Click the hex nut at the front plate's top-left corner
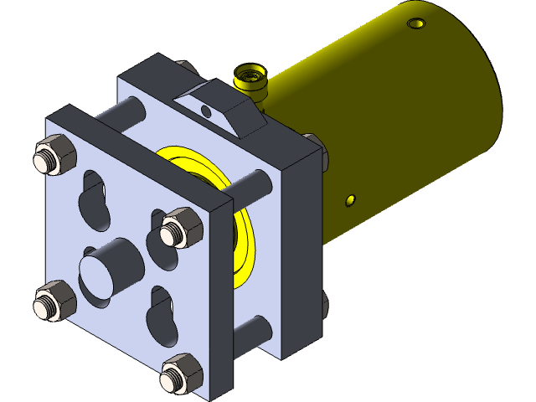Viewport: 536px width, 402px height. coord(54,157)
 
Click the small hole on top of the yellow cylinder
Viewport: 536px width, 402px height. coord(416,23)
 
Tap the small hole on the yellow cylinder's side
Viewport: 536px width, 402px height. coord(350,200)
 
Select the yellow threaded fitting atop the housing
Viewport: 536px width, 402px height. coord(250,80)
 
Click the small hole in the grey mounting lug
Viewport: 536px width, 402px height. coord(207,111)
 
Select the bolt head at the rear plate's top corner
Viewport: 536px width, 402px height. coord(186,66)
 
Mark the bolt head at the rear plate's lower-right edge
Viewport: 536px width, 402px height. coord(322,306)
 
